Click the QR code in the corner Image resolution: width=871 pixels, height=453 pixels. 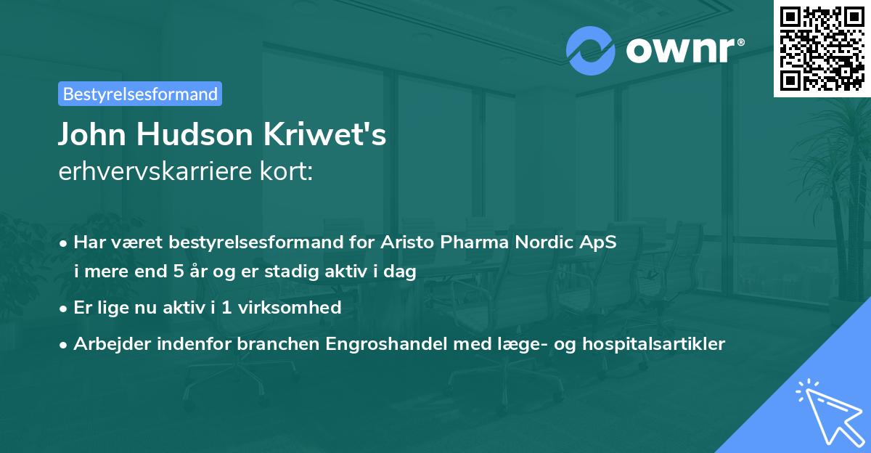tap(822, 49)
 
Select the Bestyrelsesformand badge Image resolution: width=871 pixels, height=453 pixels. tap(140, 94)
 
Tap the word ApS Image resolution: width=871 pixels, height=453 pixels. tap(600, 242)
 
